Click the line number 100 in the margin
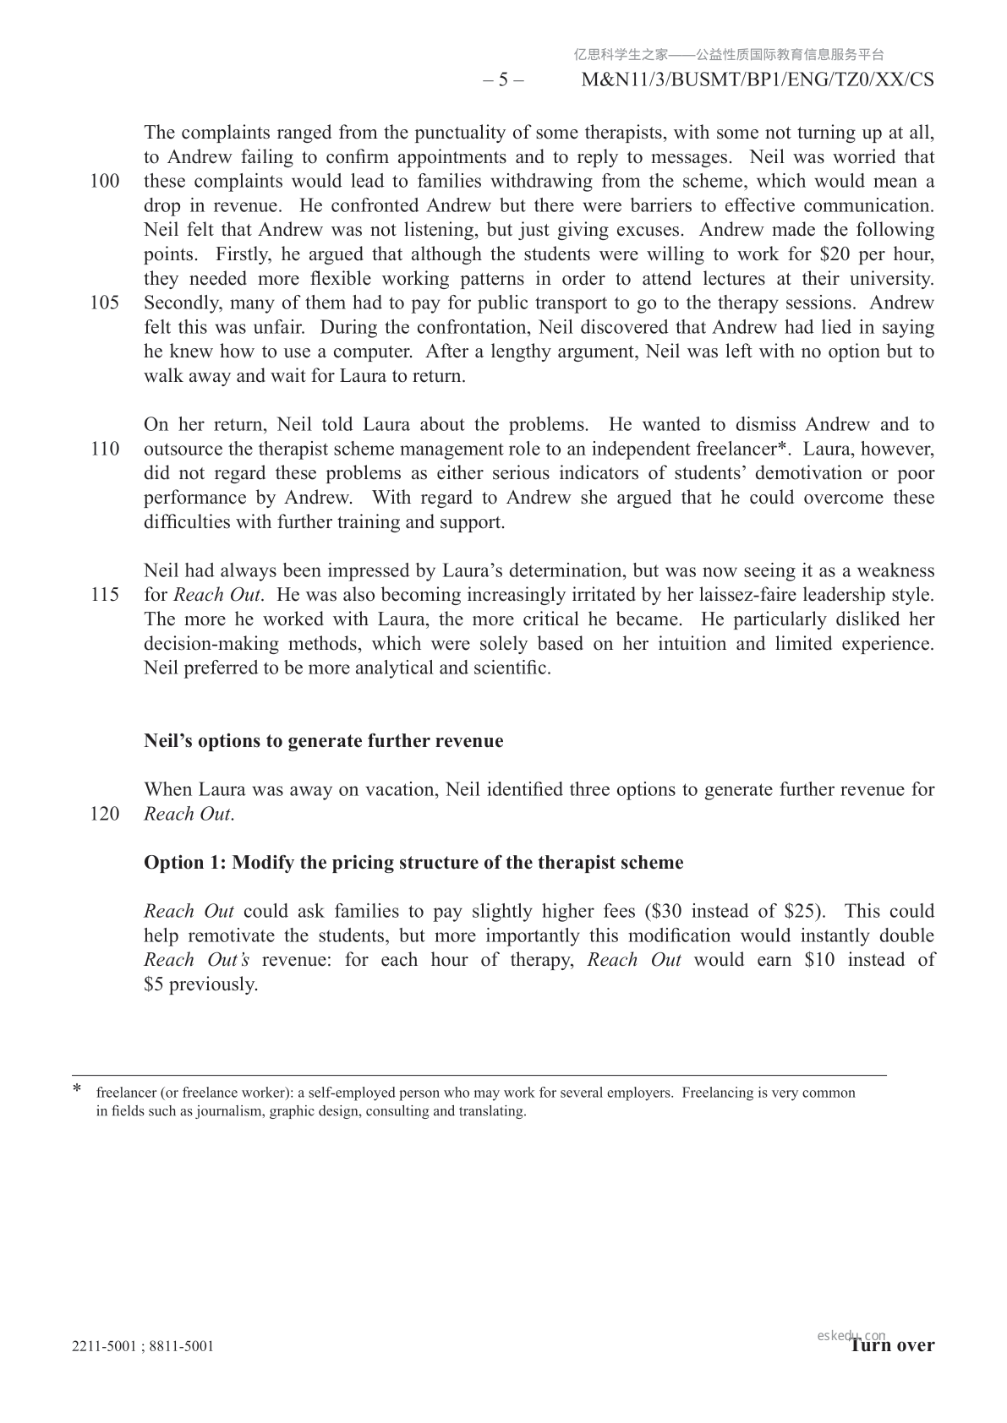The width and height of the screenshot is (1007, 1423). [105, 182]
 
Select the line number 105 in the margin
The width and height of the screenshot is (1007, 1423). [105, 303]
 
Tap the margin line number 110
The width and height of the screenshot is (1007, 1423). [105, 449]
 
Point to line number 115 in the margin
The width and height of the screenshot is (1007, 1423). [105, 595]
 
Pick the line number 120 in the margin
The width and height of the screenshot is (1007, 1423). [105, 815]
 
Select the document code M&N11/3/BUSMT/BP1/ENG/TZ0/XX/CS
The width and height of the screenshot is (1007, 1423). [758, 80]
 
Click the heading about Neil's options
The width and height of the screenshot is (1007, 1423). [323, 741]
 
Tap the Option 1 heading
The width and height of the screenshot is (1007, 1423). [413, 863]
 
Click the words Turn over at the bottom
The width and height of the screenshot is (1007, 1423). [892, 1345]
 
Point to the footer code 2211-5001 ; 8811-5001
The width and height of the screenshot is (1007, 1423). [143, 1346]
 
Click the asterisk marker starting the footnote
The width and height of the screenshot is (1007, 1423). [78, 1090]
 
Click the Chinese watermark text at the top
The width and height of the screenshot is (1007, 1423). [728, 55]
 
